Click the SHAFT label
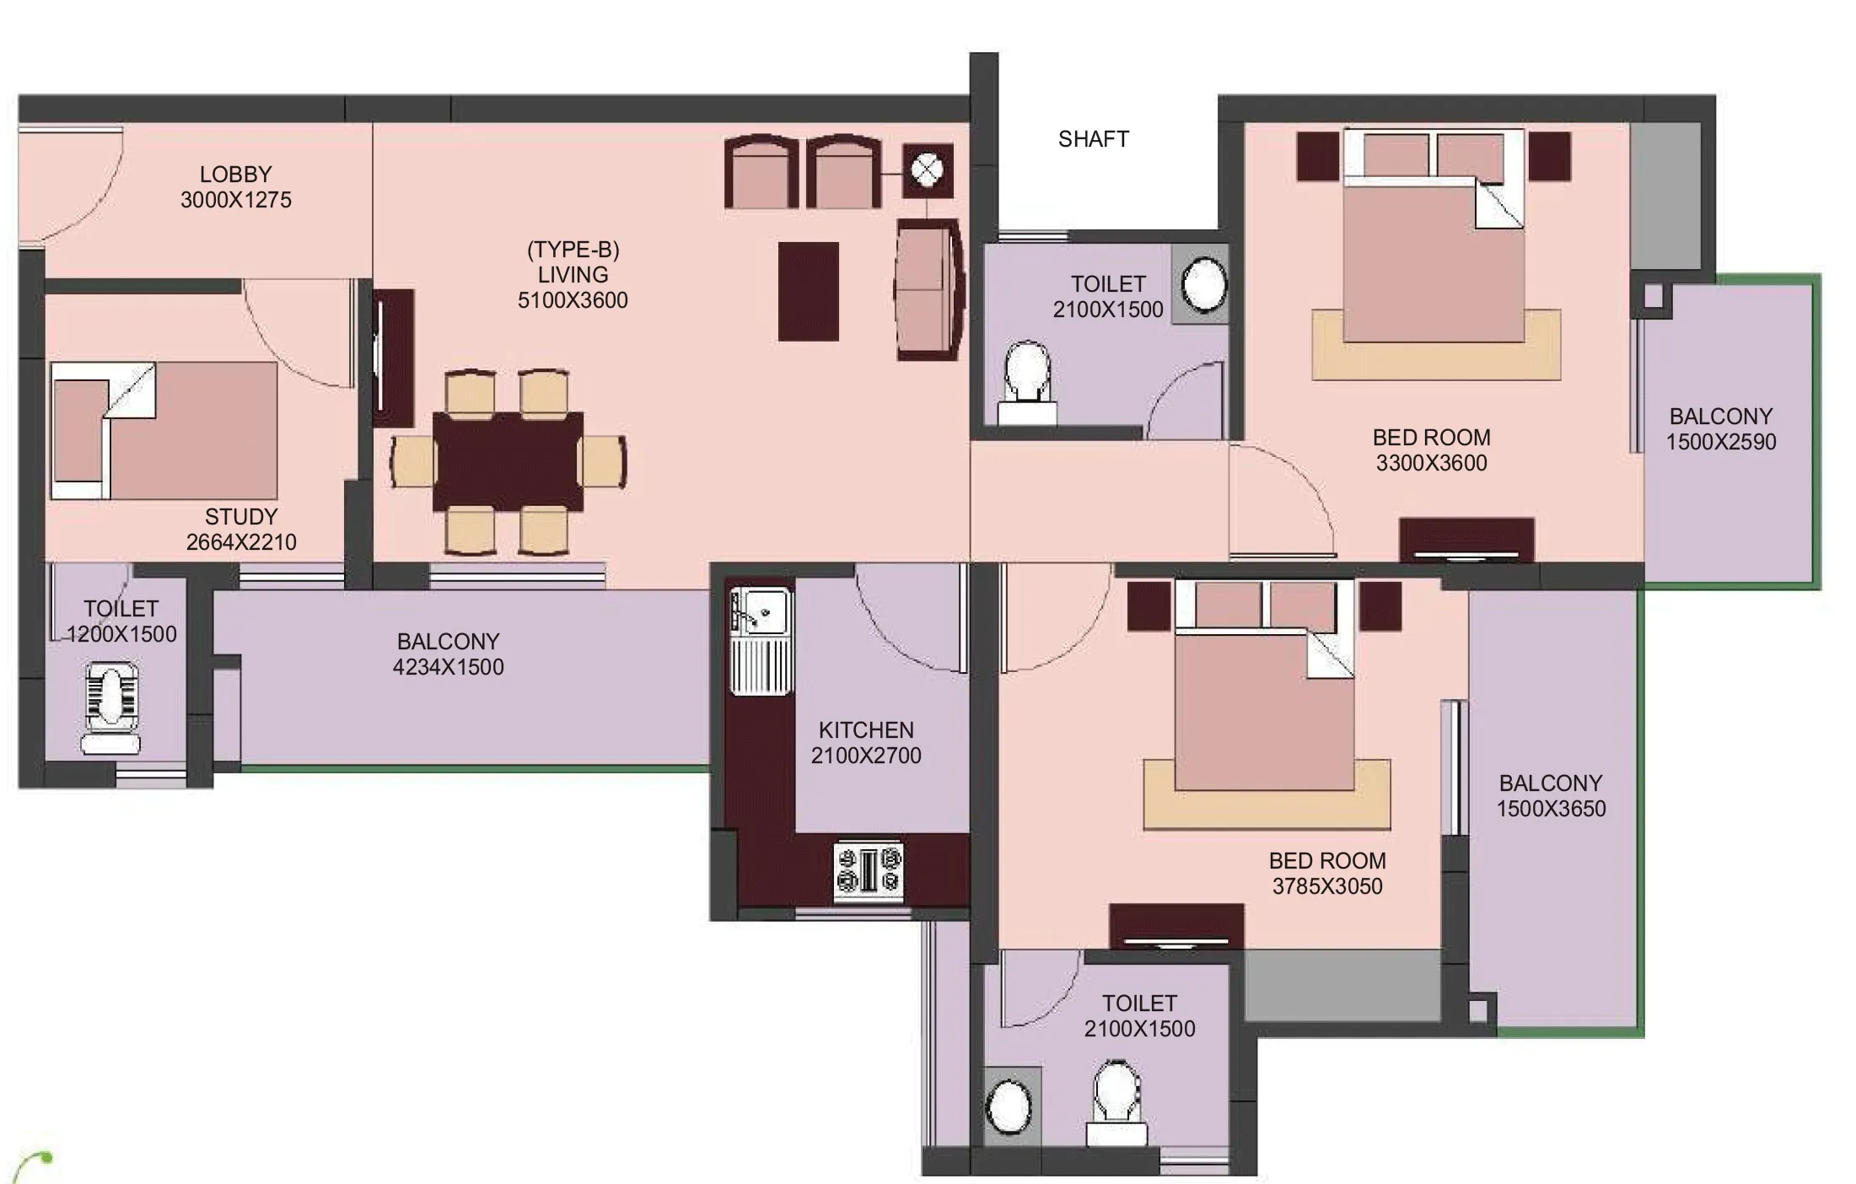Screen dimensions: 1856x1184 point(1093,139)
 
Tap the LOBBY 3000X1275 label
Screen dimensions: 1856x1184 point(236,187)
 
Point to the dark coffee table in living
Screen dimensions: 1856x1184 point(808,292)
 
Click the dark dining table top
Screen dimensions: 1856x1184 point(508,461)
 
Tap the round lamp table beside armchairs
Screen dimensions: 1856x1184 point(928,171)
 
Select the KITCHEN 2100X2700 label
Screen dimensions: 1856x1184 point(866,743)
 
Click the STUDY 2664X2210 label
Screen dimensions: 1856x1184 point(241,530)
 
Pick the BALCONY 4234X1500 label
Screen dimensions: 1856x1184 point(449,654)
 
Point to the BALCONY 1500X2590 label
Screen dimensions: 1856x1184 point(1721,429)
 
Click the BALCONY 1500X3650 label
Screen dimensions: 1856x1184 point(1551,796)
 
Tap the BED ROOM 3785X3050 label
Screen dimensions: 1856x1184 point(1327,874)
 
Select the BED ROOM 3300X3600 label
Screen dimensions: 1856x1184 point(1431,450)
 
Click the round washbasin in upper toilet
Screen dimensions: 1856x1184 point(1203,283)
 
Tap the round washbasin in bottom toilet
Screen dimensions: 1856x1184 point(1009,1106)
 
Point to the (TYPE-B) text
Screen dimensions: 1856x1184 point(573,250)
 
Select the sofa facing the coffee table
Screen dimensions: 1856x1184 point(928,289)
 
